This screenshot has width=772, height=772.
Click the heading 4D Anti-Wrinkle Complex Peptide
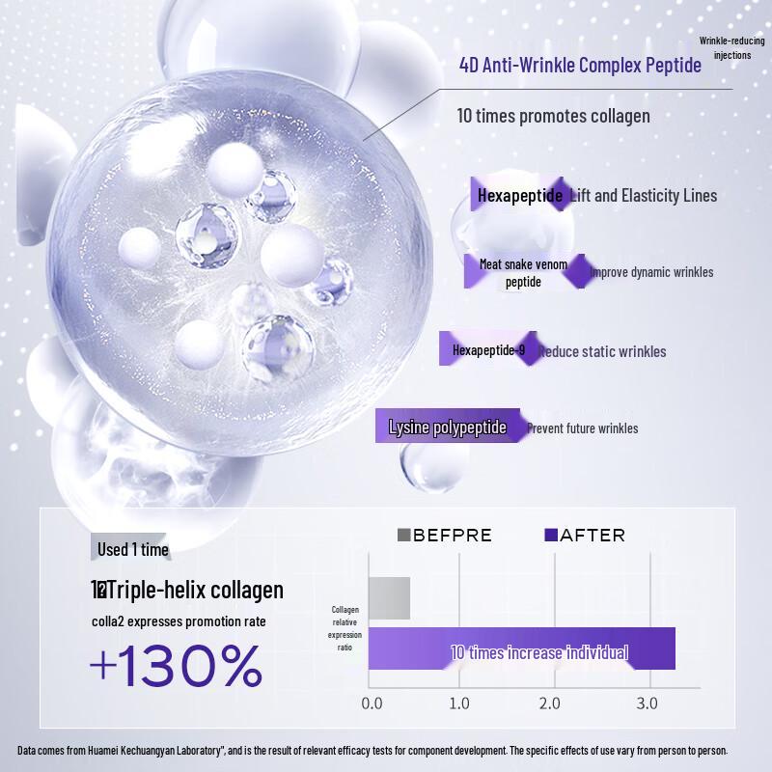tap(580, 66)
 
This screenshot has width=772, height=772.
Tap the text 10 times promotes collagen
tap(553, 116)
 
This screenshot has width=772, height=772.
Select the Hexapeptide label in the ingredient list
tap(520, 196)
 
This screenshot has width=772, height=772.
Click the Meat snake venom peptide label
tap(523, 272)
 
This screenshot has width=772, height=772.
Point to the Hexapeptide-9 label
tap(488, 350)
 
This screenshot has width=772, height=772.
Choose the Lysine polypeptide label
tap(447, 427)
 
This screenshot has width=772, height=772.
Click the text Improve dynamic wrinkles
tap(651, 272)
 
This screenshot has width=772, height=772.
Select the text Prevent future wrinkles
tap(582, 428)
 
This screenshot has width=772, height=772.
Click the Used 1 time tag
tap(132, 549)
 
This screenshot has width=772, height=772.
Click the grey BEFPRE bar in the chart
tap(389, 598)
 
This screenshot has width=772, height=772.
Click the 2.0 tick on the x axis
tap(549, 703)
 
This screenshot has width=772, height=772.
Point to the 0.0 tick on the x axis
tap(372, 703)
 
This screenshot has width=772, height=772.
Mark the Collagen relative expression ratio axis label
tap(345, 629)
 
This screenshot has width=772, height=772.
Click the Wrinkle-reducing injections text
tap(731, 48)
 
